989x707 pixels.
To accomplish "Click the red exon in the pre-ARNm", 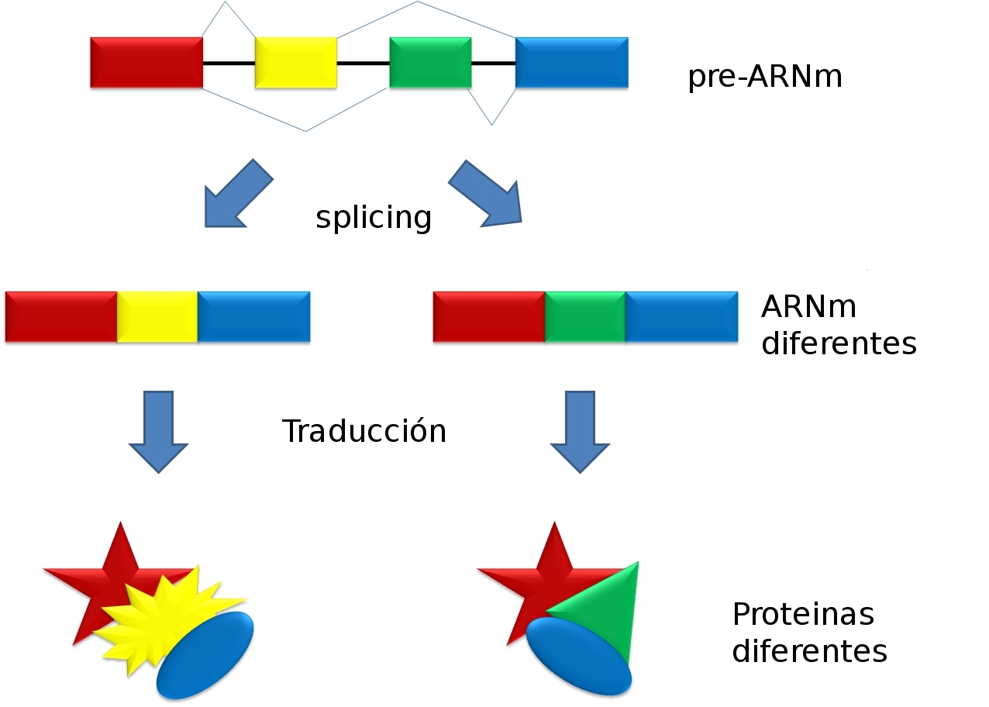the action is [x=146, y=62].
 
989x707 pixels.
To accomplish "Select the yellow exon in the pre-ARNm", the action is [x=296, y=62].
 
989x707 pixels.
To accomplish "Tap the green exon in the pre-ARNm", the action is [x=430, y=62].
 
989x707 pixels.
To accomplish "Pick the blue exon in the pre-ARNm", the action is [x=572, y=62].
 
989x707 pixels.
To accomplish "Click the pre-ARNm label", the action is [x=765, y=77].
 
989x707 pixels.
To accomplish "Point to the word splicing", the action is [x=374, y=217].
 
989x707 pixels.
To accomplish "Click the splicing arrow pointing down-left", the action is [x=239, y=194].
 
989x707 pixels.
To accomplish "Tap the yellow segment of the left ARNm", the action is [x=157, y=316].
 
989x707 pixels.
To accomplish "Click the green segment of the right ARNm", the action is [x=585, y=316].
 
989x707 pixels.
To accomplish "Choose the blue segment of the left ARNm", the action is [x=254, y=316].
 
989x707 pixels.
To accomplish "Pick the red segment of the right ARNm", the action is [x=489, y=316].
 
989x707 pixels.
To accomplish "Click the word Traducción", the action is [x=364, y=430].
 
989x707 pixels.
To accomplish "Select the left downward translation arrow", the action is [x=159, y=432].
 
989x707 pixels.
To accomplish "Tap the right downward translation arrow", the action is [x=580, y=432].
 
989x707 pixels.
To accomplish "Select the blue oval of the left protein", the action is [x=205, y=655].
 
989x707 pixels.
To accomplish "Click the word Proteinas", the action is [x=803, y=614].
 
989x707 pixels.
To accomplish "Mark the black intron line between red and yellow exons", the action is [x=229, y=64].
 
